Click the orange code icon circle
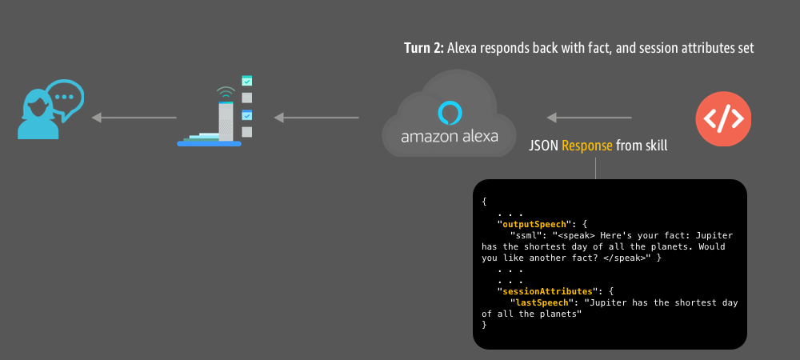click(724, 119)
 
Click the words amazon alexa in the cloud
click(449, 136)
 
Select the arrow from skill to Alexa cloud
click(593, 118)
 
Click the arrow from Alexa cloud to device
click(316, 118)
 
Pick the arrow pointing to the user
click(134, 118)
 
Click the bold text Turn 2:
click(423, 49)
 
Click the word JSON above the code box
click(544, 146)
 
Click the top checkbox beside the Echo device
click(247, 81)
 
